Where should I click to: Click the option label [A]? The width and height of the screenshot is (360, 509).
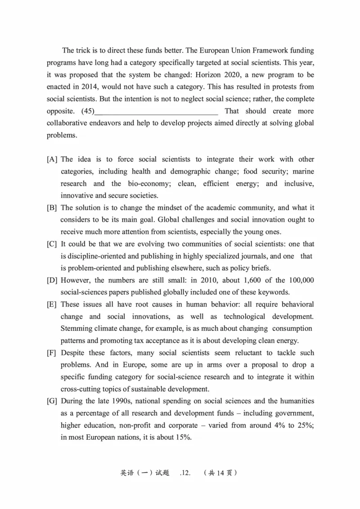click(x=52, y=159)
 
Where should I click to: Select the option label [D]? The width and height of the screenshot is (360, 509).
click(x=52, y=280)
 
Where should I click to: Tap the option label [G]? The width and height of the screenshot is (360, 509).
click(x=52, y=401)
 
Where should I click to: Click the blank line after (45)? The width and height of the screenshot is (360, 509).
click(x=157, y=111)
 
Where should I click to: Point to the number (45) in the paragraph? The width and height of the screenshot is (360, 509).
click(x=88, y=111)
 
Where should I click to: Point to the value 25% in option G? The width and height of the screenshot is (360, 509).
click(x=306, y=425)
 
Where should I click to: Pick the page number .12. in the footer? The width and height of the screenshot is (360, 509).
click(x=185, y=473)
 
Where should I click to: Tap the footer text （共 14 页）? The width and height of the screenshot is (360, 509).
click(x=220, y=473)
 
